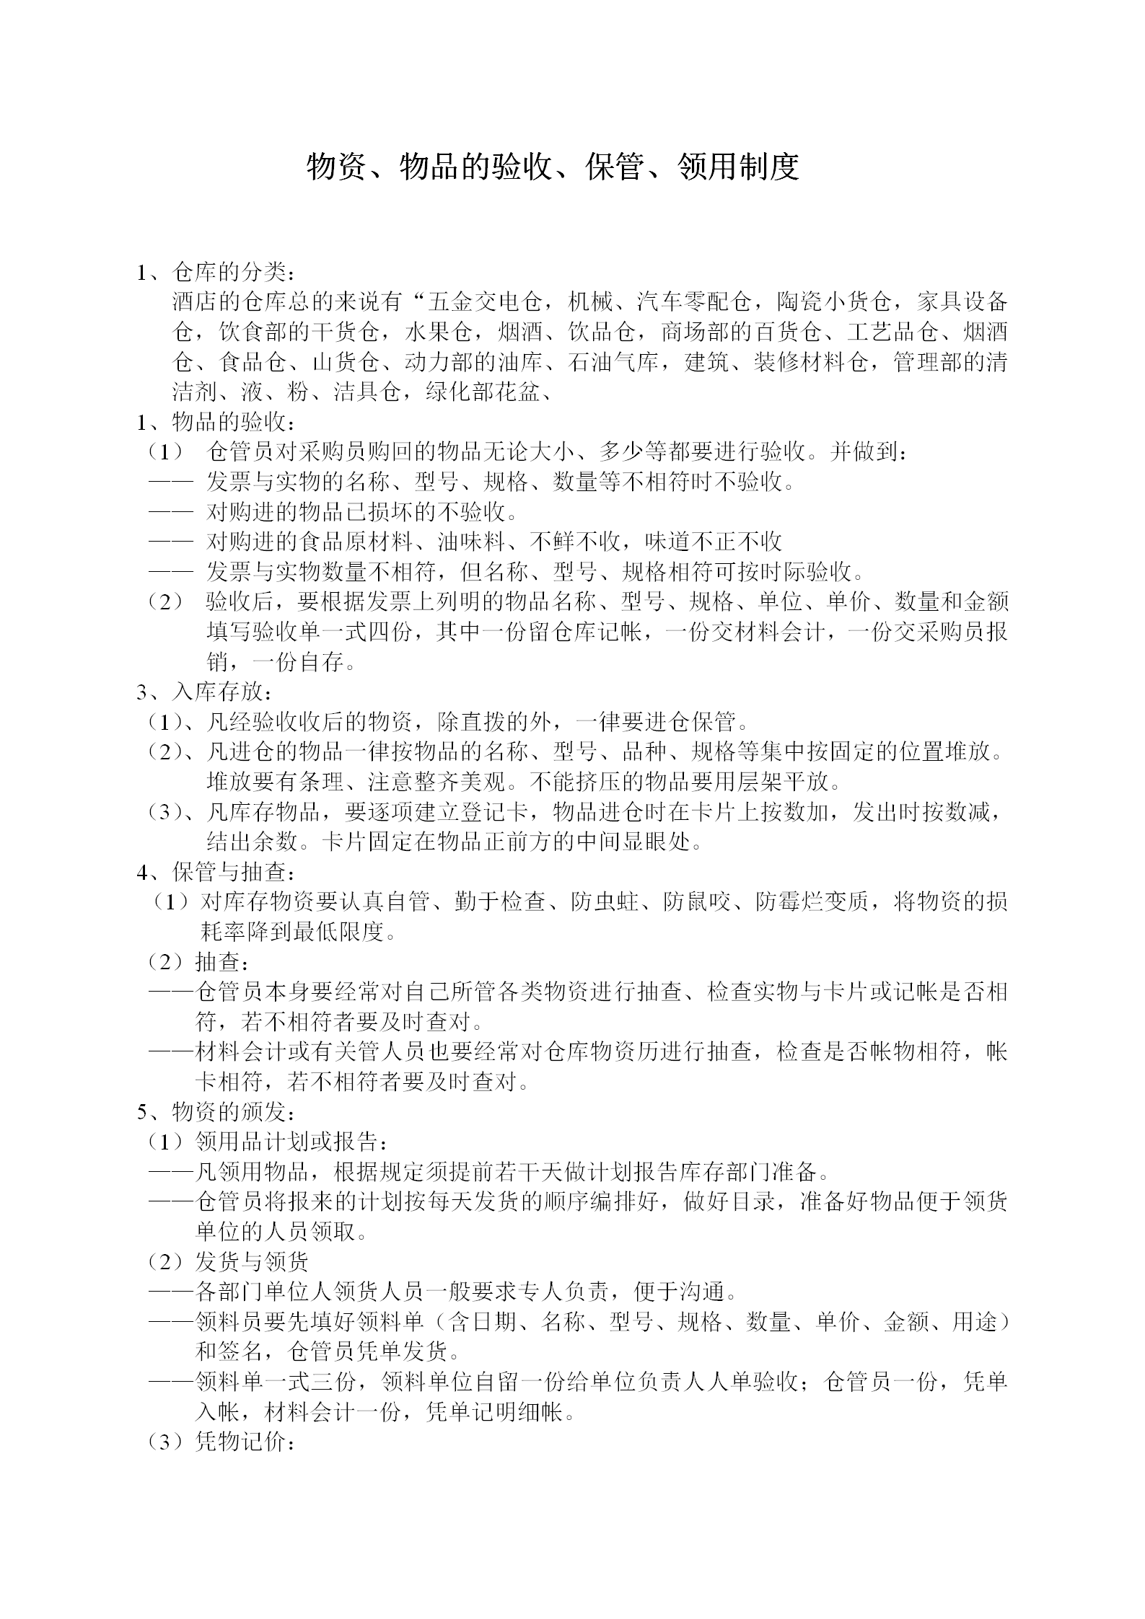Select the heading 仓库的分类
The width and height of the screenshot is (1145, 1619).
[231, 273]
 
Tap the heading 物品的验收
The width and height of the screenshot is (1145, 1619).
[231, 422]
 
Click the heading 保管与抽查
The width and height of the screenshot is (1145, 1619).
[231, 873]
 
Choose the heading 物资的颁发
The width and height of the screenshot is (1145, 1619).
[231, 1113]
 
